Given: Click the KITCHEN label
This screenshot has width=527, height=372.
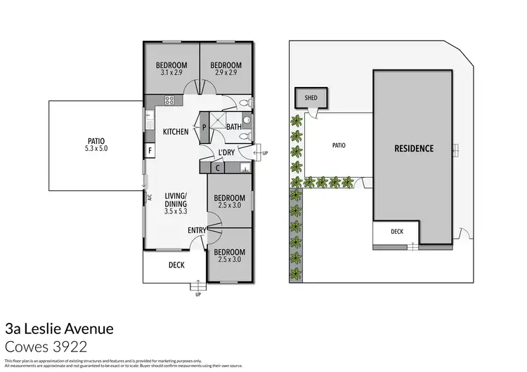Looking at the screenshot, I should click(x=176, y=131).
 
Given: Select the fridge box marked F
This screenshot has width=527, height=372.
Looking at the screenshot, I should click(x=150, y=150).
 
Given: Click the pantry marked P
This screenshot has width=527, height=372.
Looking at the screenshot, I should click(x=204, y=128).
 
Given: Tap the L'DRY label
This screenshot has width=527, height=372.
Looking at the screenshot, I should click(x=226, y=152).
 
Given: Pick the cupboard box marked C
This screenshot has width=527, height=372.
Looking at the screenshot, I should click(x=219, y=167).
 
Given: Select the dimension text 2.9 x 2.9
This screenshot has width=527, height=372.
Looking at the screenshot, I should click(x=225, y=72).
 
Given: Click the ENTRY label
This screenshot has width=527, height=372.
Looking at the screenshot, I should click(x=197, y=230).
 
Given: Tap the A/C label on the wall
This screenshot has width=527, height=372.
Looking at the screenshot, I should click(x=150, y=197).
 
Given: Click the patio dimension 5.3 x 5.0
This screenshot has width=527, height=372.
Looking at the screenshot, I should click(x=95, y=149).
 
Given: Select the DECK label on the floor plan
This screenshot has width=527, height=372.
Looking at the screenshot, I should click(x=176, y=265).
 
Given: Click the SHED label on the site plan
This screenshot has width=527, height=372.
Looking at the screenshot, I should click(x=310, y=98).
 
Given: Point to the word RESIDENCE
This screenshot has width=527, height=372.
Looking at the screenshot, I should click(x=413, y=149).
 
